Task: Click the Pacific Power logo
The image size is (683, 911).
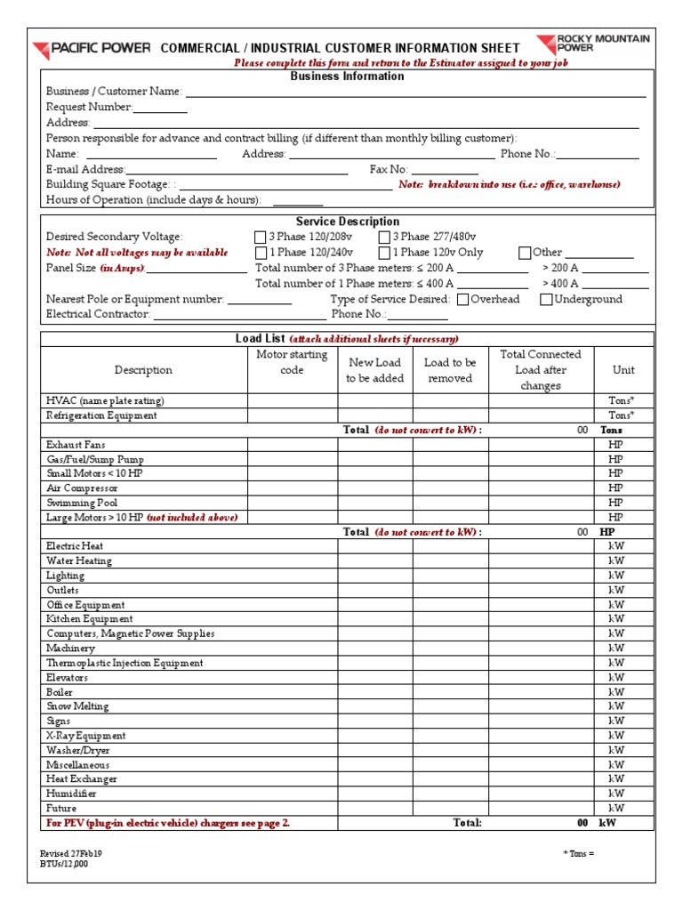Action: [92, 48]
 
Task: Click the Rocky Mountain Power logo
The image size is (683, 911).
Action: [593, 44]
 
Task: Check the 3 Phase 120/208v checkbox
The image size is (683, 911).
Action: [260, 238]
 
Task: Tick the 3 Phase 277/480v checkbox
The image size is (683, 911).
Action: [384, 238]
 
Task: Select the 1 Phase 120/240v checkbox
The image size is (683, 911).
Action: [260, 253]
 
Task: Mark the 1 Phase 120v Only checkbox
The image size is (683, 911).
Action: [384, 253]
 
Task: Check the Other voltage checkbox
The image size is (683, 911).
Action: [525, 253]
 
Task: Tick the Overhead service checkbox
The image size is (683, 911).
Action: [462, 300]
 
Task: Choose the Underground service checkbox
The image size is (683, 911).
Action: [546, 300]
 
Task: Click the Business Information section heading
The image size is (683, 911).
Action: [347, 77]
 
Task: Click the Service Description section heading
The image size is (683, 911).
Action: [347, 222]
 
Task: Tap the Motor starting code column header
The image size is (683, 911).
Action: [292, 362]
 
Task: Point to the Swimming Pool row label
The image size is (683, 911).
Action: [76, 503]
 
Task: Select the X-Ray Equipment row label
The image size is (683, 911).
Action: [85, 736]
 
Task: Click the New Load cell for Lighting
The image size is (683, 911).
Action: [374, 576]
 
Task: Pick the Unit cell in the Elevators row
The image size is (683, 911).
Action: [615, 677]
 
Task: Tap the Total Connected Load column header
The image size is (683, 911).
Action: [541, 370]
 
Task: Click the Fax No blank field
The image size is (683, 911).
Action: [445, 170]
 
